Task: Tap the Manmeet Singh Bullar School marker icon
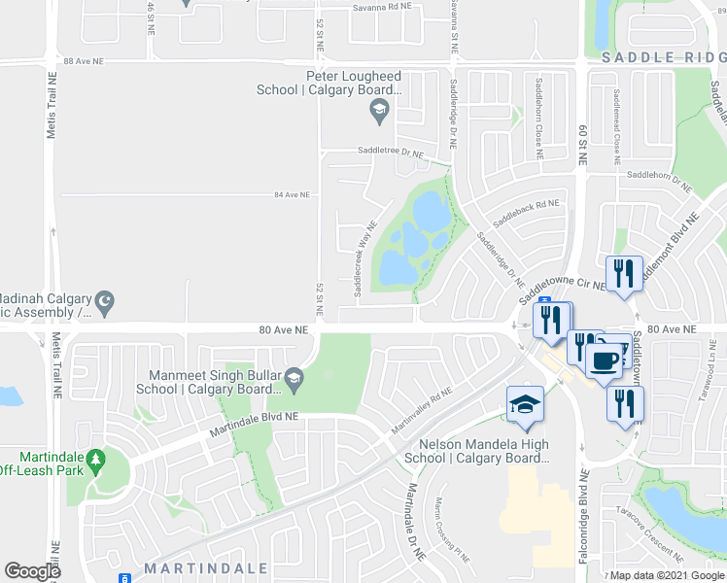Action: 293,376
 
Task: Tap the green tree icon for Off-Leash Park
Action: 94,458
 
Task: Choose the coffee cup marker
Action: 603,360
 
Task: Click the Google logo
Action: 33,571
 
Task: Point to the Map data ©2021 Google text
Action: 667,575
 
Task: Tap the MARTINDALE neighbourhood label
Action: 190,567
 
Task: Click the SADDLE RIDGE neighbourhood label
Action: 663,58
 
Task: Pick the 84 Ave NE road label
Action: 292,195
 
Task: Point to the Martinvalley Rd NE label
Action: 422,413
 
